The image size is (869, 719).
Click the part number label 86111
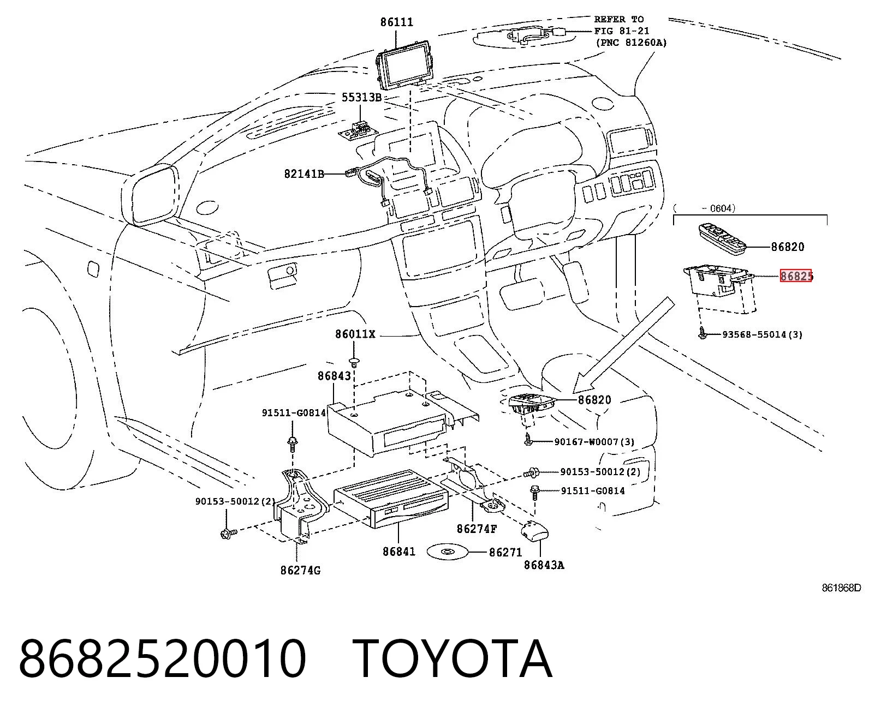click(397, 22)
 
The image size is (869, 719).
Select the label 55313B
click(361, 97)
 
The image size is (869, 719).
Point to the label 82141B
click(304, 174)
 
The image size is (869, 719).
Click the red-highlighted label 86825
click(796, 276)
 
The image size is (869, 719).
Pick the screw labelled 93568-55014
click(703, 333)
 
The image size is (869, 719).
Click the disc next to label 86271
click(448, 552)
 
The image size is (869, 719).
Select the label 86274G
click(300, 570)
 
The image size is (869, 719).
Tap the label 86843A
click(544, 565)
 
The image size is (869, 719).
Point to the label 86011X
click(355, 334)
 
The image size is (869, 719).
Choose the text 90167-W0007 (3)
click(594, 441)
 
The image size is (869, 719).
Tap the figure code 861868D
click(841, 588)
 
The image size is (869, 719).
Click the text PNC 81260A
click(632, 43)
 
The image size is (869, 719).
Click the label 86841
click(399, 552)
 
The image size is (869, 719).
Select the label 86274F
click(477, 529)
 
